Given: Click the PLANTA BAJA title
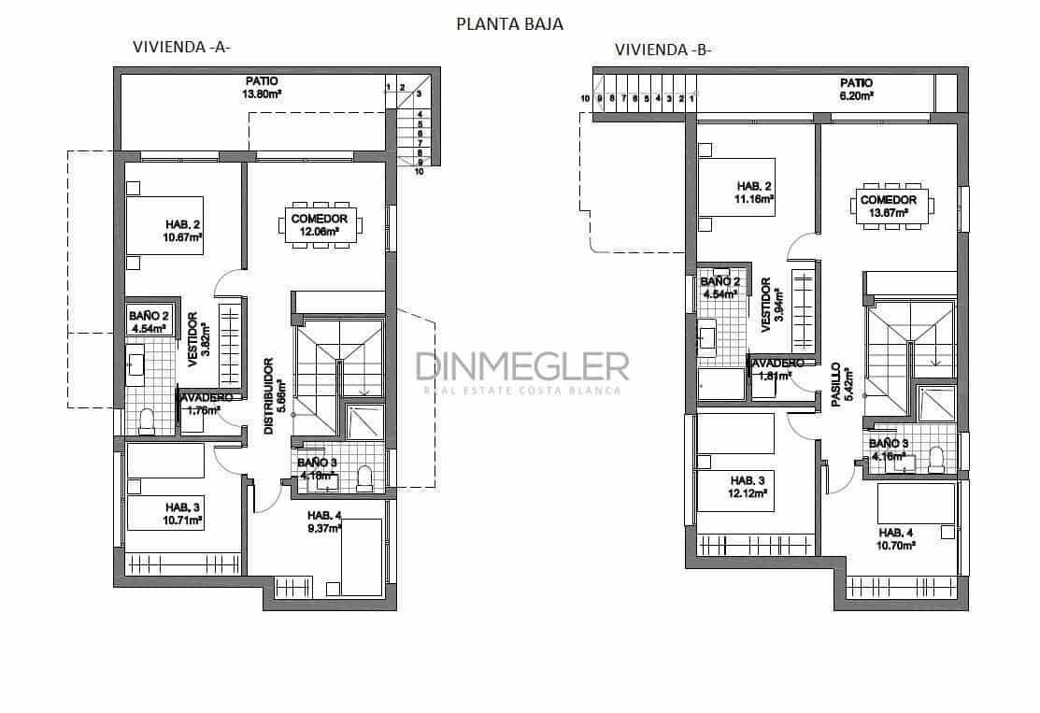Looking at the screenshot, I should tap(509, 24).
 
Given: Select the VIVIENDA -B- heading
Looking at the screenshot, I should tap(662, 50).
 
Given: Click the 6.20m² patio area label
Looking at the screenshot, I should tap(856, 89).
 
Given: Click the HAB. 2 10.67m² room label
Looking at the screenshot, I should tap(184, 231).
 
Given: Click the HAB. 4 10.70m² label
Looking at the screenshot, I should tap(895, 537).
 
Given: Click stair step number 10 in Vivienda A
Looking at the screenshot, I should tap(420, 172).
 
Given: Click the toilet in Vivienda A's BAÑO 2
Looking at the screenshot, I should tap(146, 421).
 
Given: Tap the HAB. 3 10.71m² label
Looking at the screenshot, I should tap(184, 514).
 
